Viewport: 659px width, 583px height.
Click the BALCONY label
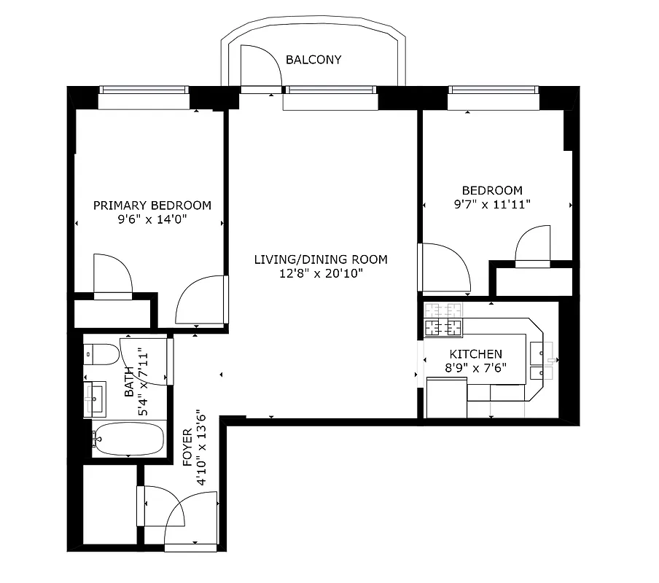pos(313,60)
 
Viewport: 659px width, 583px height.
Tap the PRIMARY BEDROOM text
pos(152,206)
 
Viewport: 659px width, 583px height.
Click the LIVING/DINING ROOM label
pos(321,259)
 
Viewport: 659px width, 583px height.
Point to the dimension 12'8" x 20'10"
pos(321,274)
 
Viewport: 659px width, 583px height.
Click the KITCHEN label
pos(475,354)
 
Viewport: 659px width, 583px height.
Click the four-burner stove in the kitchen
pos(443,320)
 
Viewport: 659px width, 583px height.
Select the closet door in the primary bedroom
pos(113,275)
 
